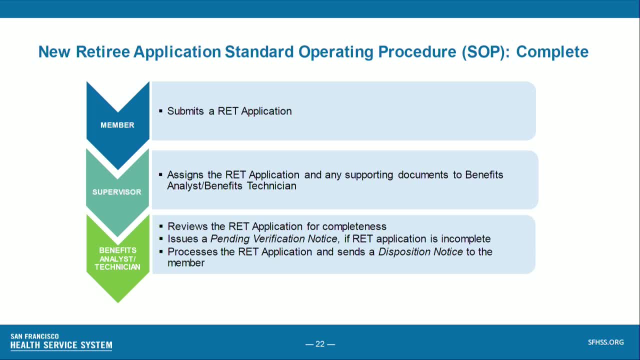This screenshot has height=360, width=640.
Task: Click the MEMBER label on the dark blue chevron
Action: click(x=117, y=125)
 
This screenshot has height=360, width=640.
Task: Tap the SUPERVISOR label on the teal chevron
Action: click(x=117, y=192)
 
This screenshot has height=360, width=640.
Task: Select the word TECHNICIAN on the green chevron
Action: click(x=117, y=267)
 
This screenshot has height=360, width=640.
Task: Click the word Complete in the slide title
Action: click(x=552, y=52)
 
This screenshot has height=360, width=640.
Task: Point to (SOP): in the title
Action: click(x=485, y=52)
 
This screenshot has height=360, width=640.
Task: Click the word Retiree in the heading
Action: click(x=103, y=51)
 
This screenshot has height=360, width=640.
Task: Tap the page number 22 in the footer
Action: click(x=320, y=344)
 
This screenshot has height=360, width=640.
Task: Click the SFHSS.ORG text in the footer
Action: click(x=605, y=342)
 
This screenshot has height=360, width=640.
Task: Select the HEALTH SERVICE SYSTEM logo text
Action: click(x=61, y=345)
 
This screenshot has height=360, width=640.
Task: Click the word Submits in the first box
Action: click(x=185, y=111)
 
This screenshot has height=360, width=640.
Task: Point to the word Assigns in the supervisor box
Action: click(x=185, y=175)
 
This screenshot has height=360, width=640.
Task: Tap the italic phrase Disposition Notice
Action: click(x=420, y=252)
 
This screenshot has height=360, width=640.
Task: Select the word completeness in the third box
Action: click(x=354, y=227)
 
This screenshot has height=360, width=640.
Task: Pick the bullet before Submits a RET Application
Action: click(x=160, y=111)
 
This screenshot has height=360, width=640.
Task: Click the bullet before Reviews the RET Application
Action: click(x=161, y=226)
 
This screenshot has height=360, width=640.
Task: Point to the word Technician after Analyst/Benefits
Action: click(x=271, y=186)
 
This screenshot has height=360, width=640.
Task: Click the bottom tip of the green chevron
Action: click(x=117, y=303)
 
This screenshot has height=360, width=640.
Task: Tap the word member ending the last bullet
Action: click(x=186, y=263)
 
